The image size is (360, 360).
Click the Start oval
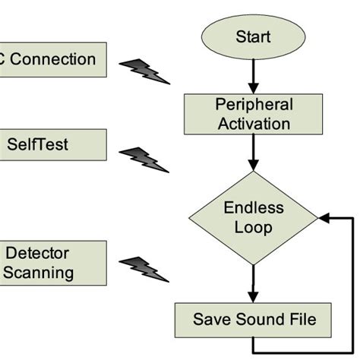tap(253, 36)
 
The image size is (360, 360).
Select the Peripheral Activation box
tap(253, 114)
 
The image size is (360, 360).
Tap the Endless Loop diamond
tap(253, 217)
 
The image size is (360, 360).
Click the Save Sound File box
tap(253, 320)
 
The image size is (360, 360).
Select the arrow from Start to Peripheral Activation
tap(253, 76)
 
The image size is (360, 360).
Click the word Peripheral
tap(253, 105)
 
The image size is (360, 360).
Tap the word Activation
tap(253, 123)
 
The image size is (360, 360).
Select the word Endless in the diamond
tap(253, 207)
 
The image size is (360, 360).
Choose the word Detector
tap(38, 253)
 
